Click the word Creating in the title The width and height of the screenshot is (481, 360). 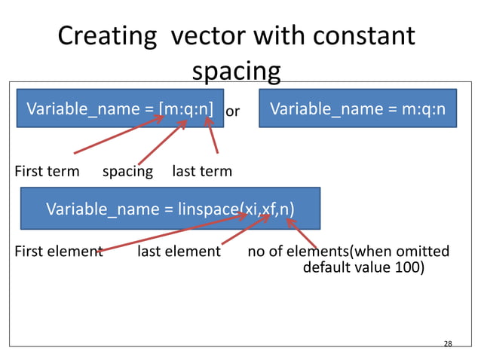click(x=107, y=35)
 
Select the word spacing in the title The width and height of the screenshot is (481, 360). click(x=236, y=71)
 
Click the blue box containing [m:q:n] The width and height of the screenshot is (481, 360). click(x=120, y=109)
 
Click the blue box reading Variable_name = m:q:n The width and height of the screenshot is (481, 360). click(x=357, y=109)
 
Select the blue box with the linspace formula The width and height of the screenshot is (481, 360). click(x=170, y=208)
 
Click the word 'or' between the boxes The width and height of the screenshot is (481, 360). click(x=233, y=111)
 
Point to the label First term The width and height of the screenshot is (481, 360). click(x=47, y=171)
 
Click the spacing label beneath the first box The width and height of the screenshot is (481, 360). click(x=127, y=171)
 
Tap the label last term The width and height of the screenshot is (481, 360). click(x=202, y=171)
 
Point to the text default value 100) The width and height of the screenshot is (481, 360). click(x=363, y=267)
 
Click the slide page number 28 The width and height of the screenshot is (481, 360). click(x=448, y=343)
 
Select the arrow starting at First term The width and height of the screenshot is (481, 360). click(x=121, y=134)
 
